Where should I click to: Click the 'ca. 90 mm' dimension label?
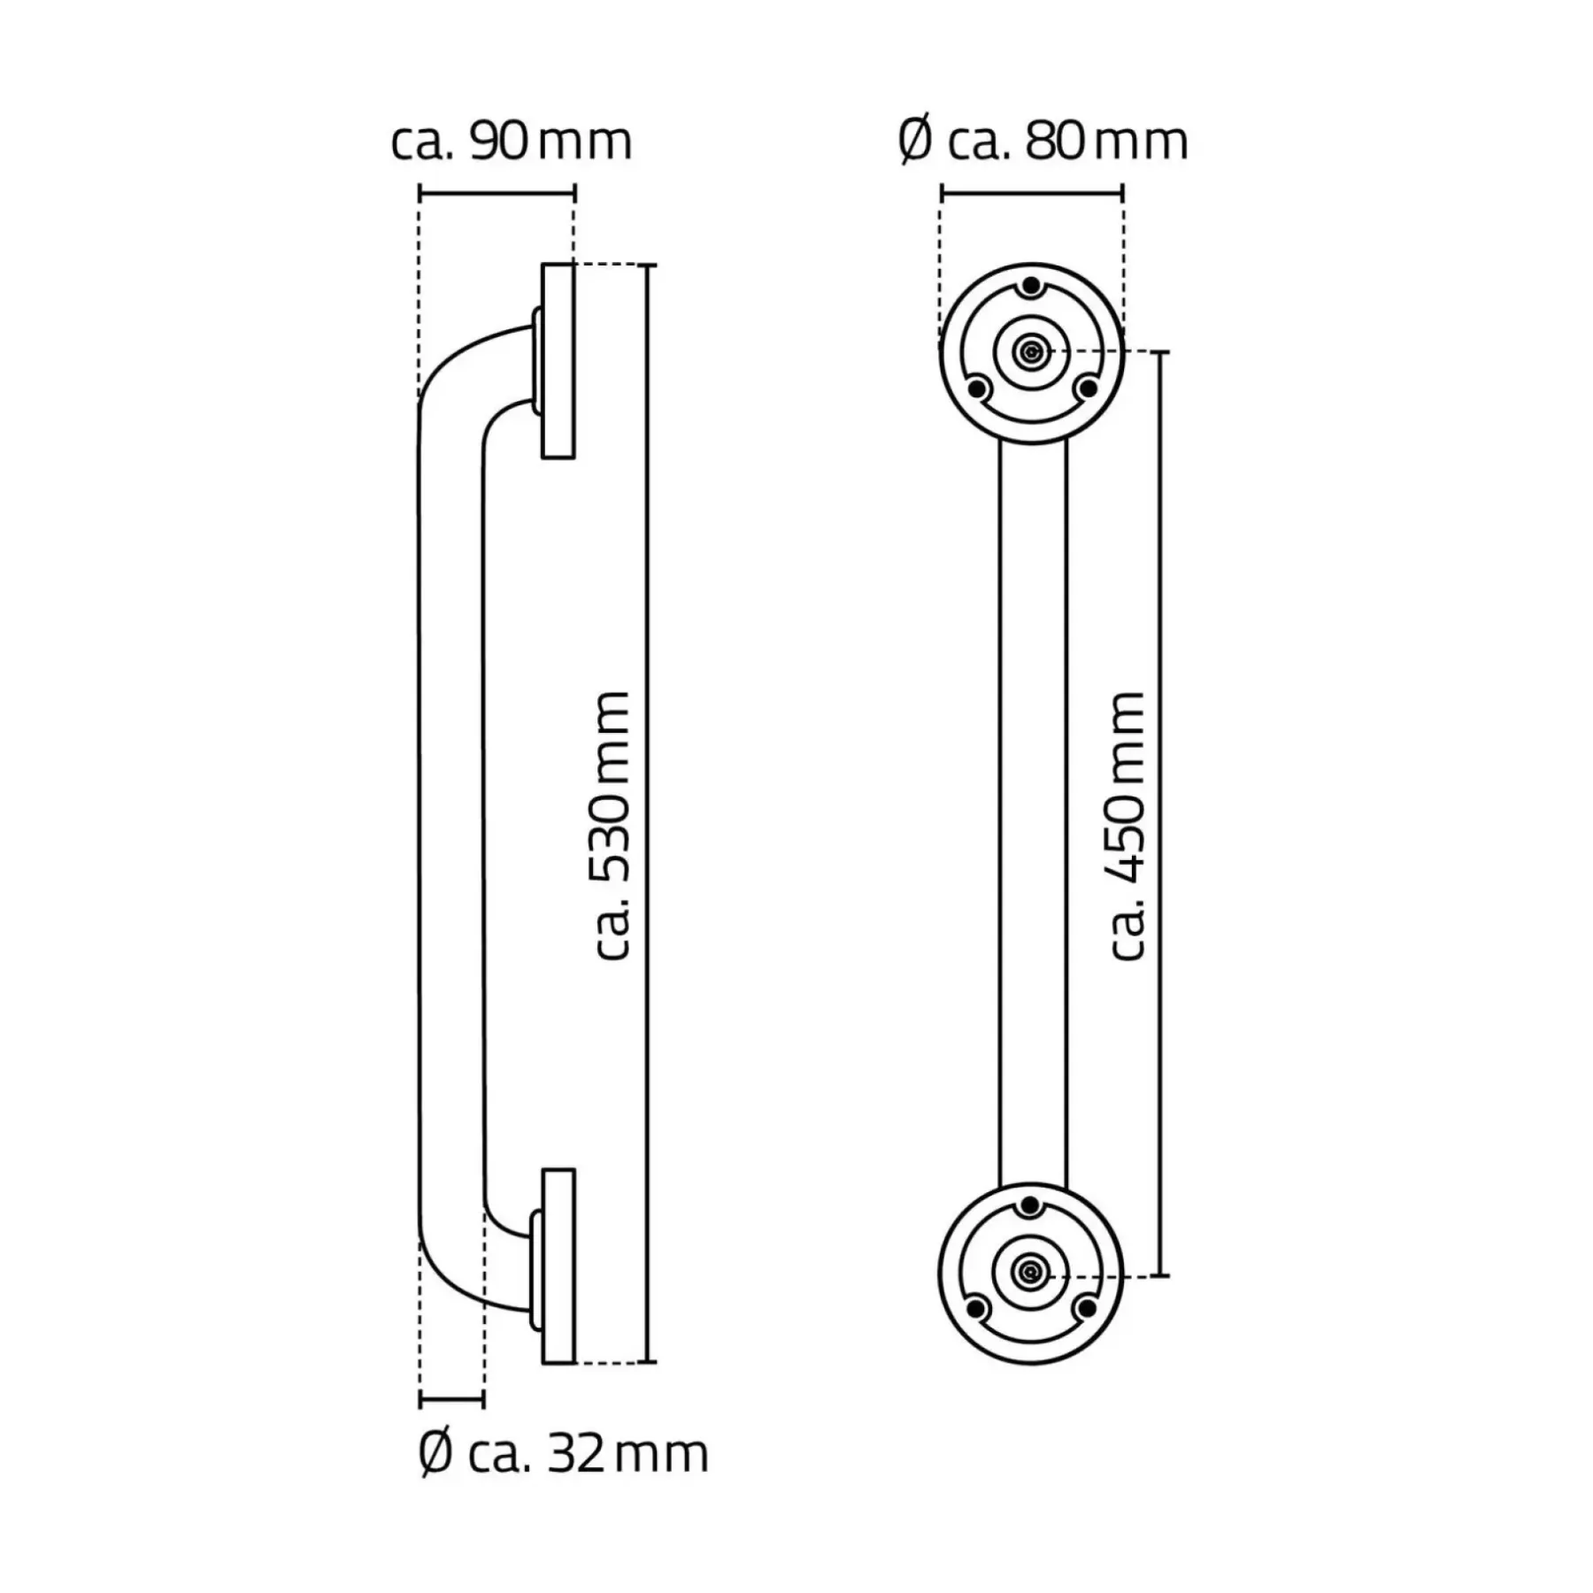point(512,142)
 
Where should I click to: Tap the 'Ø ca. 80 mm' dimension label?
point(1043,142)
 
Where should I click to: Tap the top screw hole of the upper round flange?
point(1031,287)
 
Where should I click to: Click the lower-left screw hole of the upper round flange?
point(978,388)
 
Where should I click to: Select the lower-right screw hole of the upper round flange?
point(1088,388)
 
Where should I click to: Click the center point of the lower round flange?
point(1030,1274)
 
